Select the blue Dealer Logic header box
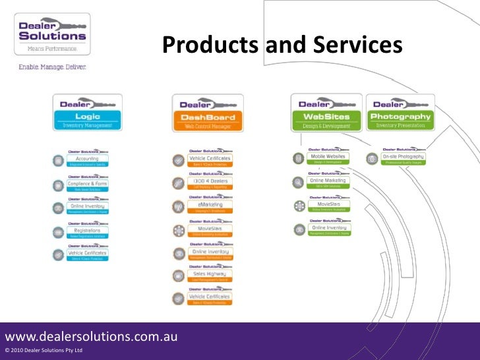[87, 112]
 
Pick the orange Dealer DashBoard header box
[208, 113]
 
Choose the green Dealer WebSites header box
[326, 112]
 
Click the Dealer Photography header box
[401, 112]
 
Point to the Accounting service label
[87, 160]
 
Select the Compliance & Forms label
[87, 184]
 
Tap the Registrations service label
[87, 231]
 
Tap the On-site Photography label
[403, 157]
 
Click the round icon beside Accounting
[59, 160]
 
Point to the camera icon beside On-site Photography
[373, 158]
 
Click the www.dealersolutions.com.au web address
[91, 336]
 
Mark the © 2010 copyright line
[44, 350]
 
